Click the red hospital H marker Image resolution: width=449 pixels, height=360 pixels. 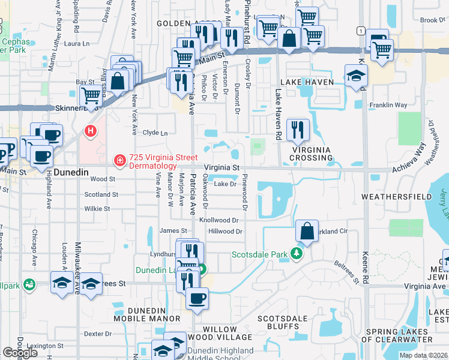(x=90, y=130)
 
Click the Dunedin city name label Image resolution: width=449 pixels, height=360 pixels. (x=71, y=172)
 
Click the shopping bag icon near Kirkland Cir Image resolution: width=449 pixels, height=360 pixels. (x=307, y=231)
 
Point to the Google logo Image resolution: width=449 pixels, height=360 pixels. (x=20, y=353)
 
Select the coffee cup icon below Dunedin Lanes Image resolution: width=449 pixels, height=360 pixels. (x=196, y=299)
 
